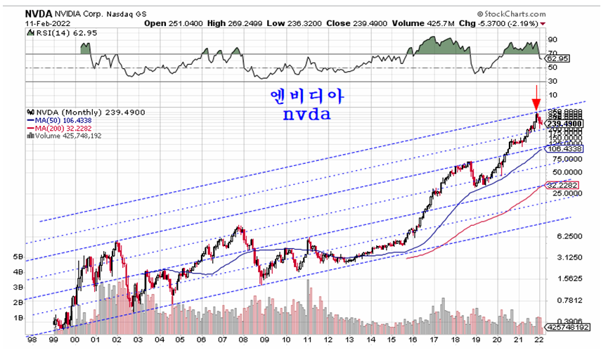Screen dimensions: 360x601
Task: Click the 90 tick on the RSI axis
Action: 553,40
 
